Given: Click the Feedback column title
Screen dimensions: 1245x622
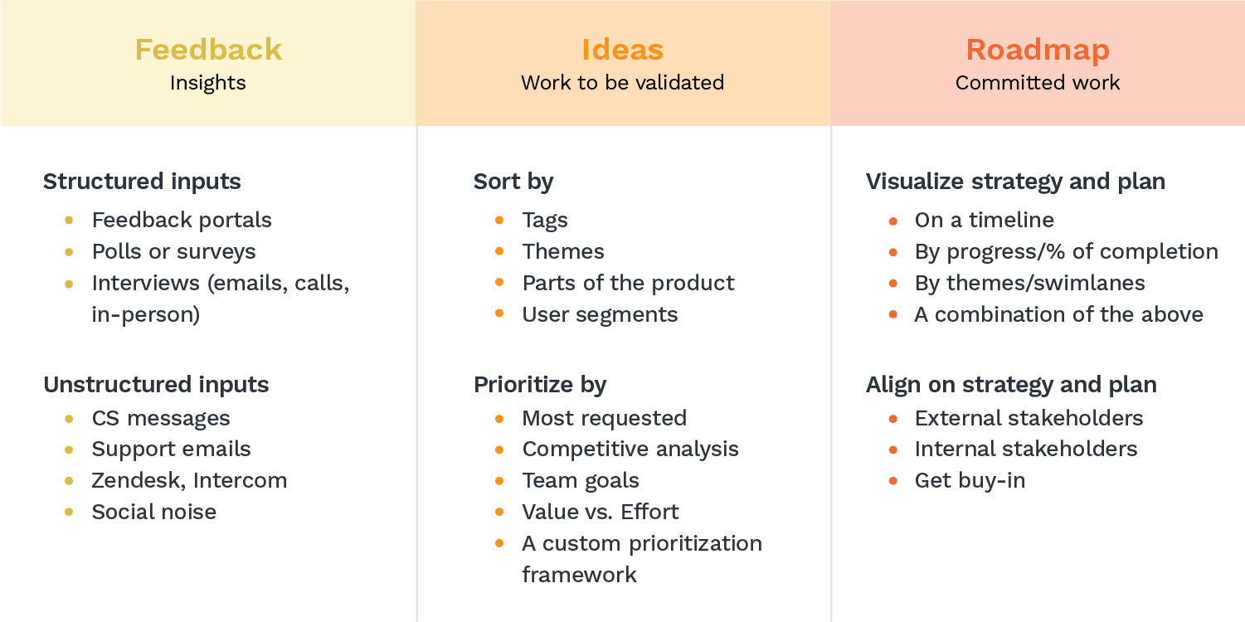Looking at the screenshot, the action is tap(208, 50).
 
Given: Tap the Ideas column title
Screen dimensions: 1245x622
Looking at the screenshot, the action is tap(622, 50).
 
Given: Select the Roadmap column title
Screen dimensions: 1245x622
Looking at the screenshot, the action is tap(1038, 51).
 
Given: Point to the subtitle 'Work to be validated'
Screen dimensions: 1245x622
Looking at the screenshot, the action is tap(622, 83).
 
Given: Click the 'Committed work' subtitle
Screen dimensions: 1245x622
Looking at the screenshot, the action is tap(1038, 83).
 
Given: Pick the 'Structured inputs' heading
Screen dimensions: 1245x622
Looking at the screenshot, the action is tap(142, 182).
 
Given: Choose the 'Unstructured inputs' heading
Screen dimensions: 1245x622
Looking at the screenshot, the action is tap(156, 385).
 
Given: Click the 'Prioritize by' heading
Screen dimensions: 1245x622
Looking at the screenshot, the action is tap(540, 385).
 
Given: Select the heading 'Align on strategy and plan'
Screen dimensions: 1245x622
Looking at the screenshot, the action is tap(1011, 385).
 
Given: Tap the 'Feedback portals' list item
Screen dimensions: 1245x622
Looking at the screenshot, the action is tap(182, 220).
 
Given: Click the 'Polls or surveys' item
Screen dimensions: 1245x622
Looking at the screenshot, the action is tap(174, 252).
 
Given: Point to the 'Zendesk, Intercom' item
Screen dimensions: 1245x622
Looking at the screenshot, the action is tap(190, 480).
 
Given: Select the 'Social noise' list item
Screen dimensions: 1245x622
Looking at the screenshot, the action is tap(154, 512).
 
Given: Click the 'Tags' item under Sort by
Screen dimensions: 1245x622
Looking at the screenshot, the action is tap(545, 221).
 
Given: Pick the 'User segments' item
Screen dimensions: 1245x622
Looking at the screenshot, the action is tap(600, 315).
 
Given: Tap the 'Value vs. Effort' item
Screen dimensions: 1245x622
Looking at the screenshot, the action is tap(601, 512).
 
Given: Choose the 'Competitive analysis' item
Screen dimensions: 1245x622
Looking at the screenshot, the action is tap(630, 449).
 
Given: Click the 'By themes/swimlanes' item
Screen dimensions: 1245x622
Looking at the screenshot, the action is tap(1030, 284).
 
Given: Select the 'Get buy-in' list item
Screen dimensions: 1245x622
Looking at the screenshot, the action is tap(970, 481).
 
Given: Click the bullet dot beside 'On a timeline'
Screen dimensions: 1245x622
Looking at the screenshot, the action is tap(893, 221).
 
